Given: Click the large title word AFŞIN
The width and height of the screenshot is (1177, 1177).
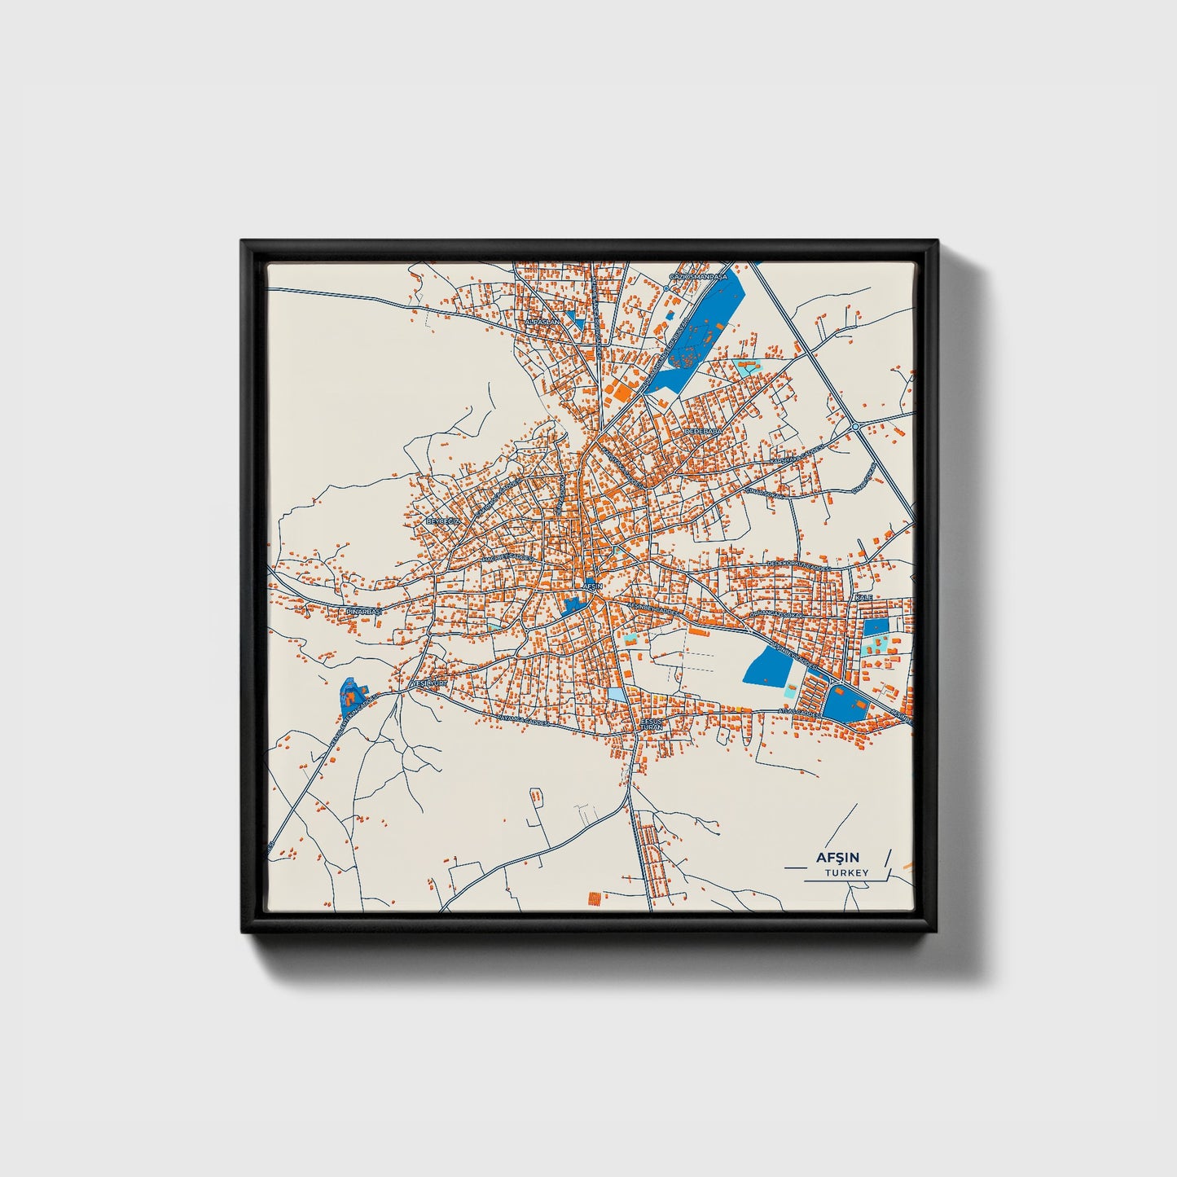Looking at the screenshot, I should [x=842, y=857].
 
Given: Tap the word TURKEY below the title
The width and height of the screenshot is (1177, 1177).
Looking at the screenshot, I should [x=846, y=873].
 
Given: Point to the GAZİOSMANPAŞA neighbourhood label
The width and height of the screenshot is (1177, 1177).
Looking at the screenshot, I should [x=697, y=277].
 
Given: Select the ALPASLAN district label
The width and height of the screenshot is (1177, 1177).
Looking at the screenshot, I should [x=543, y=323].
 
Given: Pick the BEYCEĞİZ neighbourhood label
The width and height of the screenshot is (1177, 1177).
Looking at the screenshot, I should [x=444, y=520].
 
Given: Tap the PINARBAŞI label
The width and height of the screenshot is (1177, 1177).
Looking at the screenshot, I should [x=363, y=610].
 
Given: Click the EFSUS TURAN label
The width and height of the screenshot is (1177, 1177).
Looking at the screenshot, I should [x=652, y=723].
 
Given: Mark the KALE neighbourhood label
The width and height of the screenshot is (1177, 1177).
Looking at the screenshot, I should [x=863, y=598].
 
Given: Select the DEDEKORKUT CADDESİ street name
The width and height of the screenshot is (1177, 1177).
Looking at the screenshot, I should [x=798, y=564].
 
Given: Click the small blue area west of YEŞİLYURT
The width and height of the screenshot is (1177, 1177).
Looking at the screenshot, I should [x=350, y=695].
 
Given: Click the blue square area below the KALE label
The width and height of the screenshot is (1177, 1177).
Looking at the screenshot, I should [x=876, y=627].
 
